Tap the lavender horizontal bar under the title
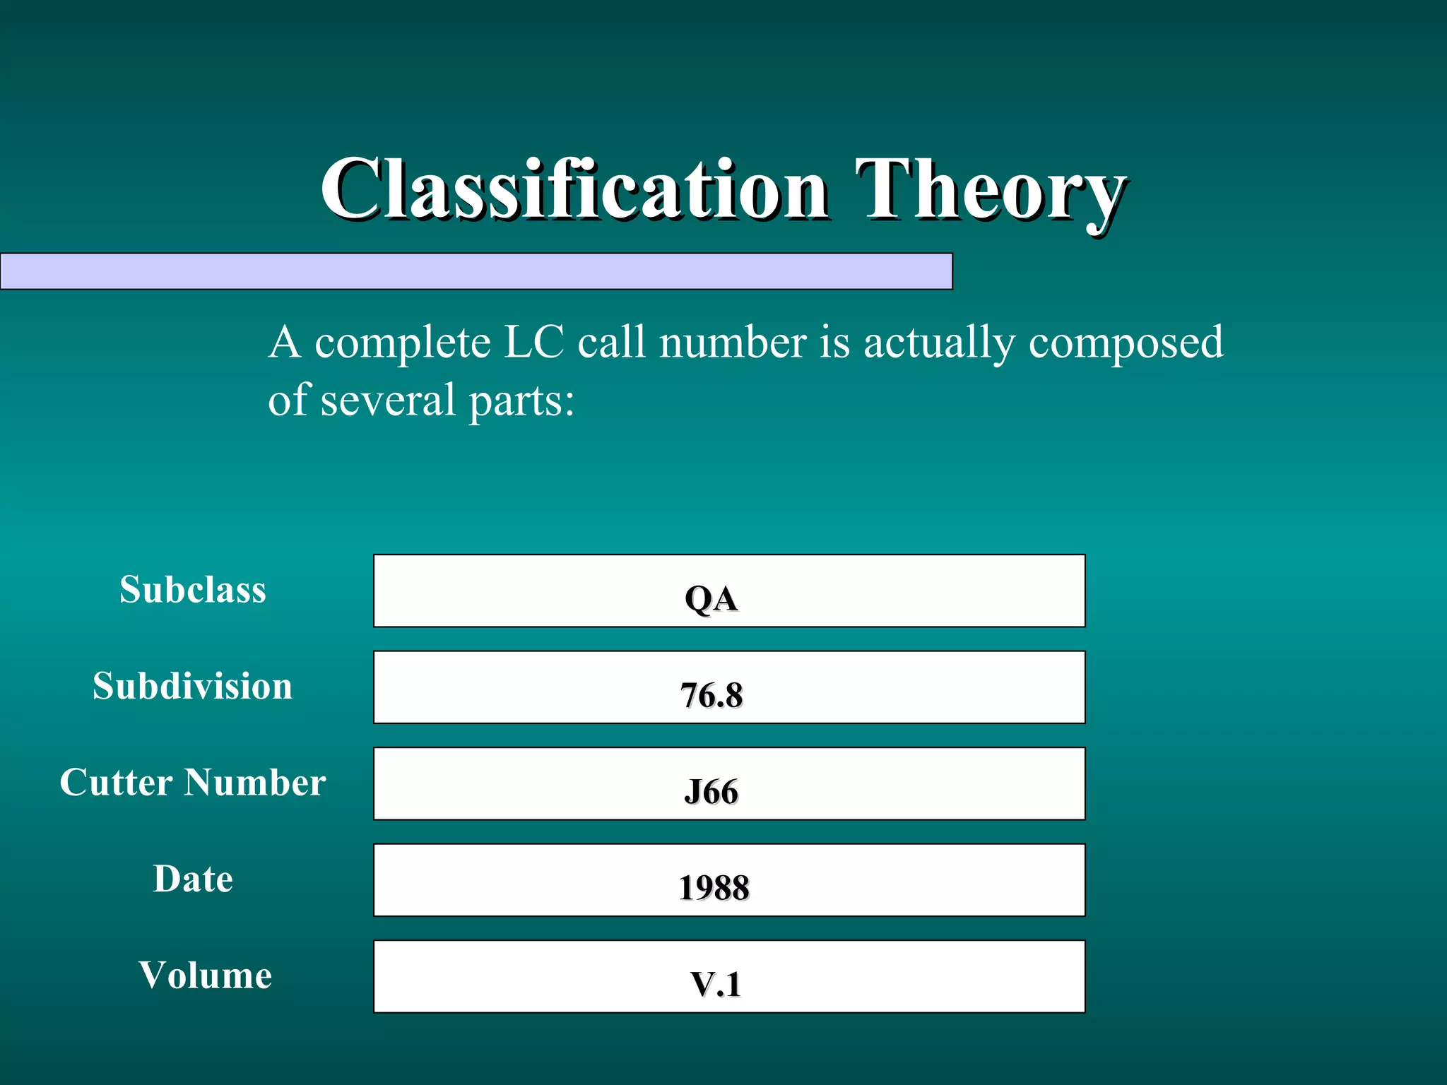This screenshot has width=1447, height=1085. [x=476, y=271]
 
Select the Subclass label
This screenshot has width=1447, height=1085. [x=193, y=590]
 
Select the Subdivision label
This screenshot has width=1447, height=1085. [x=193, y=687]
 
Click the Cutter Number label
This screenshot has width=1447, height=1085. [x=193, y=783]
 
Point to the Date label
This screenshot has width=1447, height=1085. [x=193, y=879]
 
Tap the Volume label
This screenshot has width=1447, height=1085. [x=205, y=976]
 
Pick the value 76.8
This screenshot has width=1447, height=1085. [x=711, y=696]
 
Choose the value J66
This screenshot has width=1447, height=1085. [x=711, y=792]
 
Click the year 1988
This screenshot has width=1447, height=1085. [x=714, y=888]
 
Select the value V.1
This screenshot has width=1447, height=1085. [x=715, y=985]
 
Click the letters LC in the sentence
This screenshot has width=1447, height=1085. [x=533, y=343]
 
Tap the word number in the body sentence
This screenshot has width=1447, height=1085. [x=732, y=343]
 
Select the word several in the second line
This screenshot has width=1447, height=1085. [x=388, y=400]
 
